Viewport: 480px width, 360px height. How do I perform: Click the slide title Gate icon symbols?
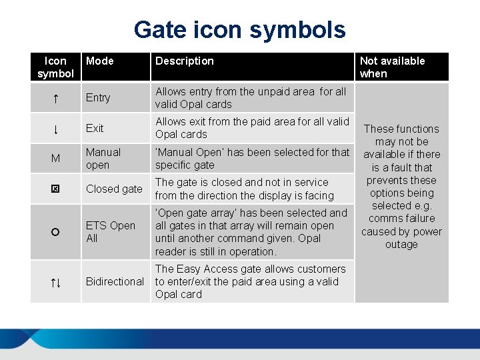coord(240,30)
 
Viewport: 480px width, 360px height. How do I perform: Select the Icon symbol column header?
coord(55,67)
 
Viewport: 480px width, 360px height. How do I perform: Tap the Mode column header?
coord(100,61)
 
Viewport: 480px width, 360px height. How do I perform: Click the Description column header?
coord(185,61)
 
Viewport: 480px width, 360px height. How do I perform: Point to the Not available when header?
coord(392,67)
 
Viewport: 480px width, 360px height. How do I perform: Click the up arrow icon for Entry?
coord(55,98)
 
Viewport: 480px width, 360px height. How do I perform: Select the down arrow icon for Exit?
coord(55,128)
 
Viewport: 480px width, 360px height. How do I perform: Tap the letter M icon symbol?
coord(55,159)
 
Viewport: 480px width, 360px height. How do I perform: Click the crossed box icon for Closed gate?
coord(55,189)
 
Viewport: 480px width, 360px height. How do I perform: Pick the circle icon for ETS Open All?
coord(55,232)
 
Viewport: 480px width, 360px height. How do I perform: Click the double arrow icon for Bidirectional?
coord(55,282)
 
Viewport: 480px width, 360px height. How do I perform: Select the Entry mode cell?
coord(98,98)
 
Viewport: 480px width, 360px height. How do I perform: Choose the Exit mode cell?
coord(95,128)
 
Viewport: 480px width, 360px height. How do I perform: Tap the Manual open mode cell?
coord(103,159)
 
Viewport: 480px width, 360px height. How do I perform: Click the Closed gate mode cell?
coord(114,189)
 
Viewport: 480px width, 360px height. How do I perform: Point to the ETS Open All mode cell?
coord(111,232)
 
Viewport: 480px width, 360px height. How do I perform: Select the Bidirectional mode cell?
coord(115,282)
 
